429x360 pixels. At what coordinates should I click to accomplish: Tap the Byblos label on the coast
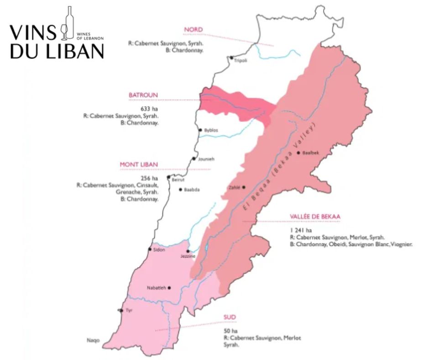click(211, 131)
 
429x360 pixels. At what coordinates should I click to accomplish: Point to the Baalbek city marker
click(298, 153)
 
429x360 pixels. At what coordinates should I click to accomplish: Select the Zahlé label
click(234, 188)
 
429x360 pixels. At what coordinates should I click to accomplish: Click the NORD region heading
click(193, 30)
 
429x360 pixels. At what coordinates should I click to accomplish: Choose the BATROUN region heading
click(143, 95)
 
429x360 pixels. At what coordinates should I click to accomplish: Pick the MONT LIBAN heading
click(139, 164)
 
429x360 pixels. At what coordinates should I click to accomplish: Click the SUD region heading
click(229, 317)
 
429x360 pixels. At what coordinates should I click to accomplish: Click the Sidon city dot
click(150, 249)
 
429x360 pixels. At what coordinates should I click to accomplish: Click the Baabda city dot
click(180, 189)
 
